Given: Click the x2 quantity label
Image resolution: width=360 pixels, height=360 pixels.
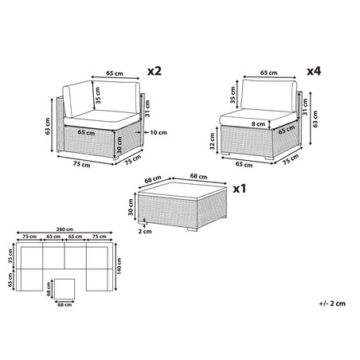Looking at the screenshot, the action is coord(155,71).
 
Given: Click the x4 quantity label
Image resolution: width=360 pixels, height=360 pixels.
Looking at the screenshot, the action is coord(314,71).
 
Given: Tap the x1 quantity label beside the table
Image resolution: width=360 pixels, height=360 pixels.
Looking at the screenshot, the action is coord(240,189).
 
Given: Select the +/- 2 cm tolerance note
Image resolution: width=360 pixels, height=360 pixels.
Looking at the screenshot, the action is coord(332,303).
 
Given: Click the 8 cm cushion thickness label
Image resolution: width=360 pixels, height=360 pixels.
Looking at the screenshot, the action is coord(258,123).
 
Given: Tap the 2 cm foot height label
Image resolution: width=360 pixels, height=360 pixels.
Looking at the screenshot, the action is coord(145,231).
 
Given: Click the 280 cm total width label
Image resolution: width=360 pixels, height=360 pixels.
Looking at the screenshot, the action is coord(65,229).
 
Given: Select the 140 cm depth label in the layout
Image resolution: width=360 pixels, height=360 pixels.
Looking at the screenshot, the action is coord(119,266).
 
